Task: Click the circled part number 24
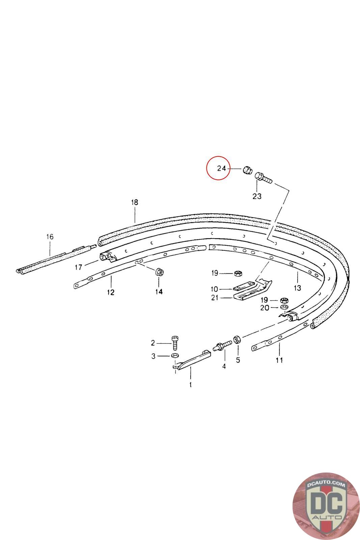221,168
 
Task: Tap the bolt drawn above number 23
264,177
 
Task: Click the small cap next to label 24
247,170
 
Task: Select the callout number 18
135,202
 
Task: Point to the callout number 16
50,237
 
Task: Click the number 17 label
78,267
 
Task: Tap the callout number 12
111,292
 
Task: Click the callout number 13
297,288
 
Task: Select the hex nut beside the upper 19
238,273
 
